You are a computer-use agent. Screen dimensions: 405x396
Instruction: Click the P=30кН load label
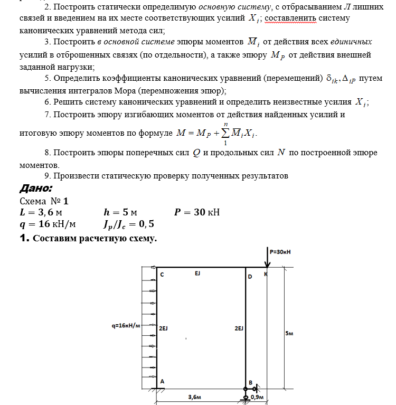click(x=280, y=252)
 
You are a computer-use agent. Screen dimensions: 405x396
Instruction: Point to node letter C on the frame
click(x=162, y=275)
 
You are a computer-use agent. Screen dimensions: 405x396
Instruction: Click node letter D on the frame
click(x=250, y=276)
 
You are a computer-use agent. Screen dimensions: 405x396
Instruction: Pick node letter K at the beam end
click(x=266, y=274)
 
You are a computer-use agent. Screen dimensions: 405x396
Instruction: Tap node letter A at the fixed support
click(x=162, y=381)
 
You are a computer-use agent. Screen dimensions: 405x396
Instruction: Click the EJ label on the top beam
click(x=197, y=274)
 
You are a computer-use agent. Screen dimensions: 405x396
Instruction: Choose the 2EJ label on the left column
click(x=163, y=328)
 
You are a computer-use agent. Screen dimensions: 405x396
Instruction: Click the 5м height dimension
click(x=289, y=334)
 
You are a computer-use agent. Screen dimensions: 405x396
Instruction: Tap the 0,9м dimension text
click(x=258, y=397)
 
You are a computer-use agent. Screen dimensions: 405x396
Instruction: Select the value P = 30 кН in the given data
click(x=196, y=213)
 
